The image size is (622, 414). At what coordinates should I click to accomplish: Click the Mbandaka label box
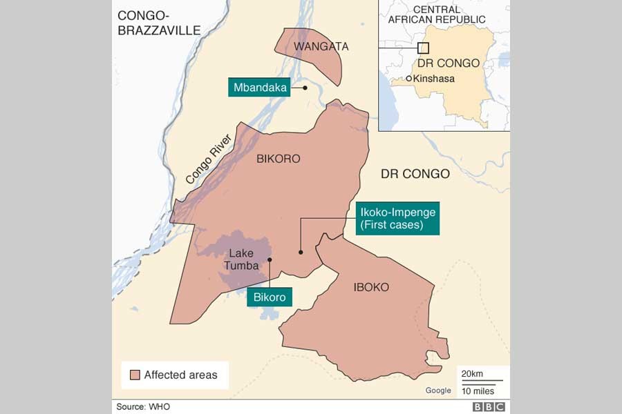(x=260, y=88)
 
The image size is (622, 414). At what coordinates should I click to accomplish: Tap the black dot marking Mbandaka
(x=305, y=88)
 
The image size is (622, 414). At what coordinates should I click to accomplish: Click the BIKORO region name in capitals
(x=279, y=159)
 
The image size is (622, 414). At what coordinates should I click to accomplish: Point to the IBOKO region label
(x=371, y=287)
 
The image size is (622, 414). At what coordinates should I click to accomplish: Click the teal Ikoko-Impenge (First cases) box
(x=397, y=219)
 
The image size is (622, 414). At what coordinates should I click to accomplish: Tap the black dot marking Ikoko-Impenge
(x=300, y=253)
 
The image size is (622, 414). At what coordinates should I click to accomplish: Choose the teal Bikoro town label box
(x=270, y=297)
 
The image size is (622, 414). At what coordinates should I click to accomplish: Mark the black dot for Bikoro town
(x=270, y=260)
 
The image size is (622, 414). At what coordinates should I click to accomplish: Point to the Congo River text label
(x=208, y=159)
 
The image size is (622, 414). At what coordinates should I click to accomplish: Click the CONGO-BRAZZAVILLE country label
(x=158, y=23)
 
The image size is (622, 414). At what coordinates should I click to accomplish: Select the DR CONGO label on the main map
(x=415, y=174)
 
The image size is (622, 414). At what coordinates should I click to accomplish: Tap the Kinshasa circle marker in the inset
(x=408, y=79)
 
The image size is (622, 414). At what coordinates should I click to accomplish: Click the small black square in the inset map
(x=423, y=48)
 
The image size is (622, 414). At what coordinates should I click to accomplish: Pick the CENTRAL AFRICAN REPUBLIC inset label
(x=443, y=14)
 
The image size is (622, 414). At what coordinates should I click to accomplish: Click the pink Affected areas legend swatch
(x=135, y=375)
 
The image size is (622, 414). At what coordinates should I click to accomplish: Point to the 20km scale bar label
(x=472, y=374)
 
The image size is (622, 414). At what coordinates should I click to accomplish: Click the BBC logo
(x=489, y=406)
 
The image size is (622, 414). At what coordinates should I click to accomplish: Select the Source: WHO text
(x=142, y=406)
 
